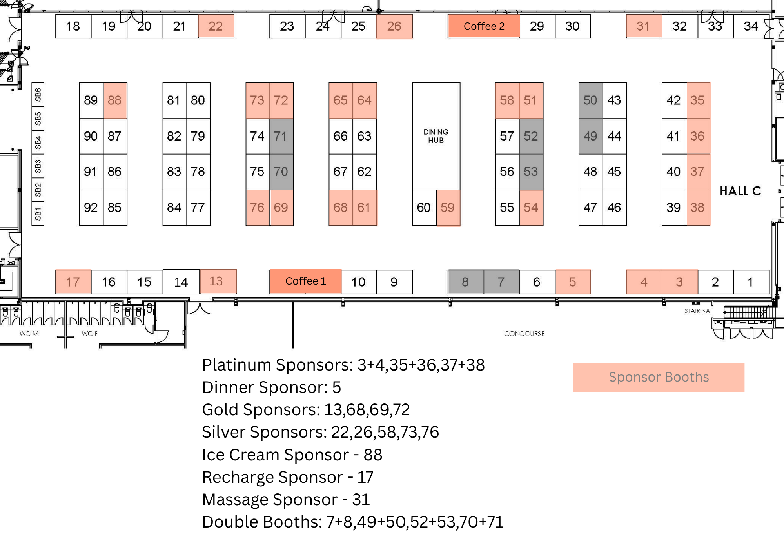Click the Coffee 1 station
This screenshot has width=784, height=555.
(305, 281)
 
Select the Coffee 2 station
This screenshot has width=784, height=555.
(484, 26)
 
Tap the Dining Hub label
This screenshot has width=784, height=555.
(436, 136)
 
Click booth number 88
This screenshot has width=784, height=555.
(115, 100)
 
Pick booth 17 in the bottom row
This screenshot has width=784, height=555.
(73, 282)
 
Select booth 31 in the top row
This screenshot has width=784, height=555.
(644, 26)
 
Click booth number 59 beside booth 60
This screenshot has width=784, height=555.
(448, 208)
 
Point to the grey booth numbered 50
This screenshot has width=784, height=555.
(590, 100)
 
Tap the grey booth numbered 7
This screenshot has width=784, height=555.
(501, 282)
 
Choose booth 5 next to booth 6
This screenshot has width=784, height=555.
(573, 282)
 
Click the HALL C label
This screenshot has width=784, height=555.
(740, 191)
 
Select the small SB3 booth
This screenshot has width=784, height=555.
(38, 166)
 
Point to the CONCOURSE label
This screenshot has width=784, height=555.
(524, 334)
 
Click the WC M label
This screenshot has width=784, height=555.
(29, 334)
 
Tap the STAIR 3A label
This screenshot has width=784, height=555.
(697, 311)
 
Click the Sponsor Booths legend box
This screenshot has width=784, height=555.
(659, 377)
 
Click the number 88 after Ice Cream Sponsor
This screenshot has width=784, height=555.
(373, 455)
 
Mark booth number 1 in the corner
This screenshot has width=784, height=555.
(750, 282)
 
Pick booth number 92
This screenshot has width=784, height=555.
(91, 208)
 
